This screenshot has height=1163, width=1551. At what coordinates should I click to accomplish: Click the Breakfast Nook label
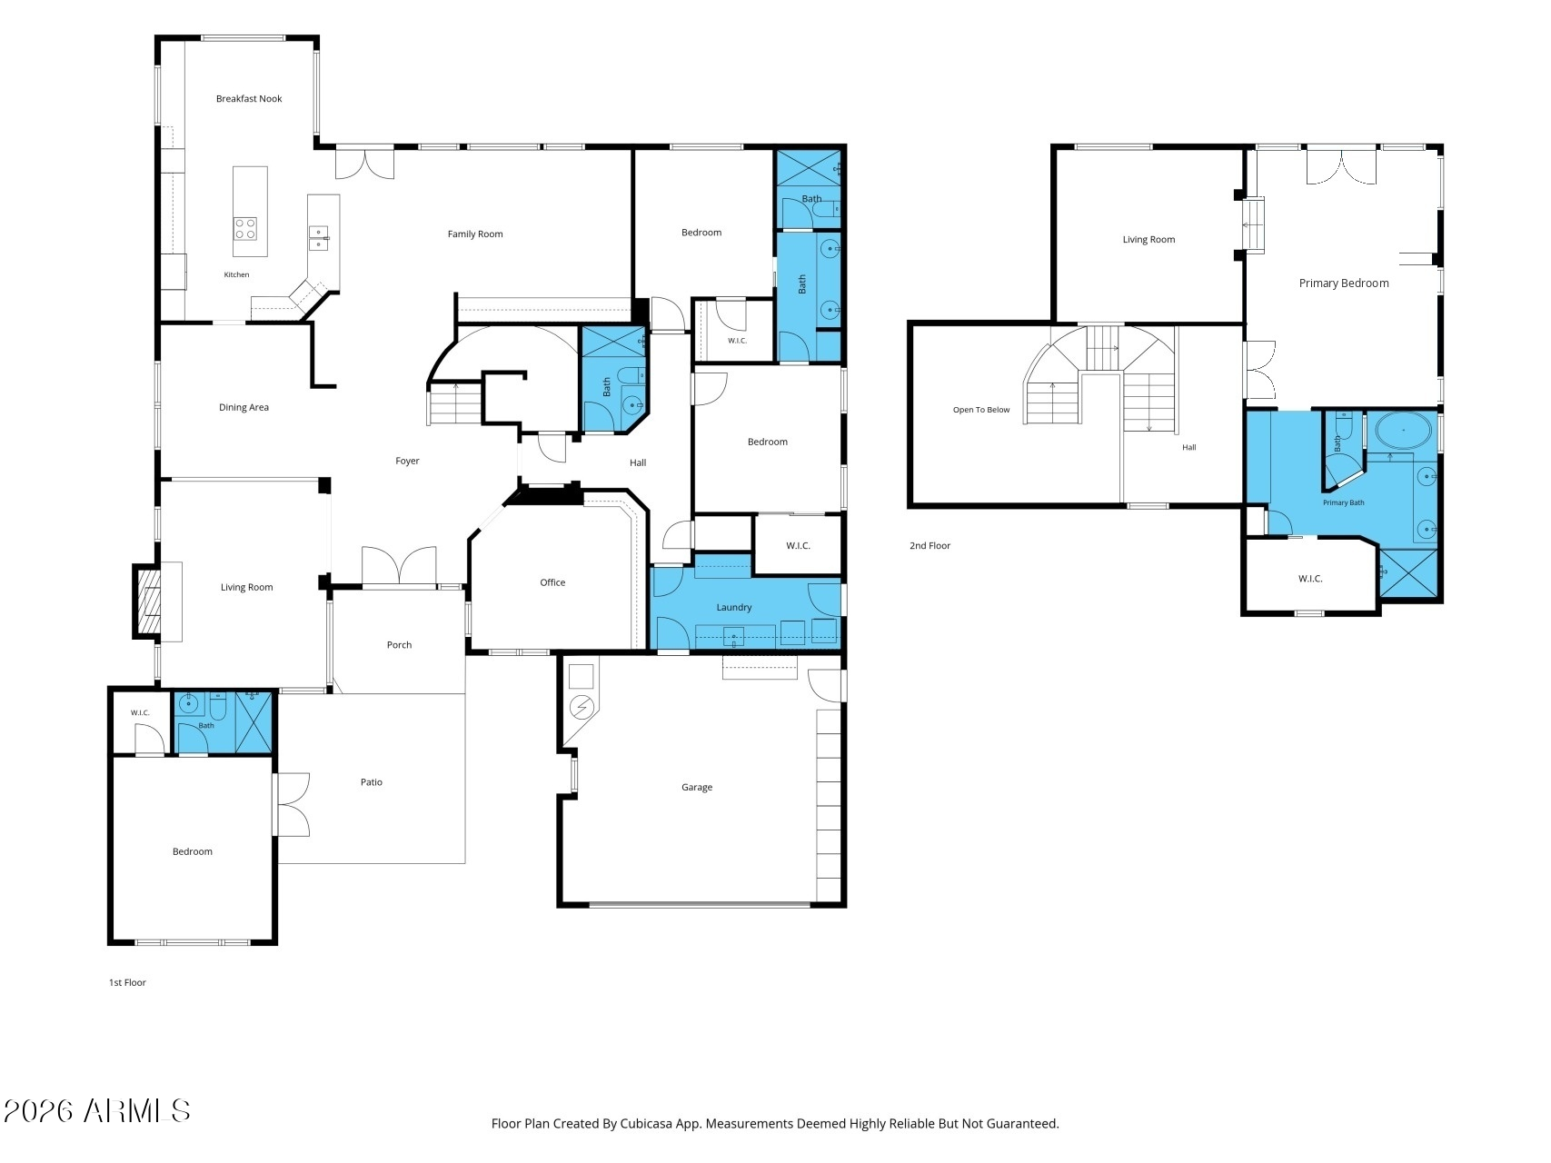pos(249,99)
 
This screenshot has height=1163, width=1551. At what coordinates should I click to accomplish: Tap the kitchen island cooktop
pos(244,228)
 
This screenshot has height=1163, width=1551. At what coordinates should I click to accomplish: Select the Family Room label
pos(475,234)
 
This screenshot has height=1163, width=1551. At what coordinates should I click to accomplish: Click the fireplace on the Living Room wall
pos(148,601)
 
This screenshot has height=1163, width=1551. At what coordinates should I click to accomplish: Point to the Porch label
pos(399,645)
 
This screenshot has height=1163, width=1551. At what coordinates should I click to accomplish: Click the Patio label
pos(371,782)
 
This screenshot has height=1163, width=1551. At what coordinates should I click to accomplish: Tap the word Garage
pos(697,788)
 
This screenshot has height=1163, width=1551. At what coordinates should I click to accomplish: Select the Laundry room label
pos(734,608)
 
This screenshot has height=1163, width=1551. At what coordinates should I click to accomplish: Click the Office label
pos(552,583)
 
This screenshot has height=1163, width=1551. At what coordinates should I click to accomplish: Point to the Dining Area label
pos(244,408)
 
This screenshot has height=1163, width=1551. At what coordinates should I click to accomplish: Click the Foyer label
pos(407,462)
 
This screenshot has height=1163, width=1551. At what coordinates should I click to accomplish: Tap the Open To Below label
pos(981,410)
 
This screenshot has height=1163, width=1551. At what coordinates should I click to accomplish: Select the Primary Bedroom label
pos(1344,283)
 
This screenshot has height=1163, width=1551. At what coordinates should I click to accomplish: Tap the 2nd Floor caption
pos(930,546)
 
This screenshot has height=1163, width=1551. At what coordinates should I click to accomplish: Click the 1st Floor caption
pos(127,983)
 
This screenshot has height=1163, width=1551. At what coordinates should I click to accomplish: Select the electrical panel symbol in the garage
pos(581,706)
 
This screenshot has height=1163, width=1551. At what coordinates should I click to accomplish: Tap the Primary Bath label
pos(1343,503)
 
